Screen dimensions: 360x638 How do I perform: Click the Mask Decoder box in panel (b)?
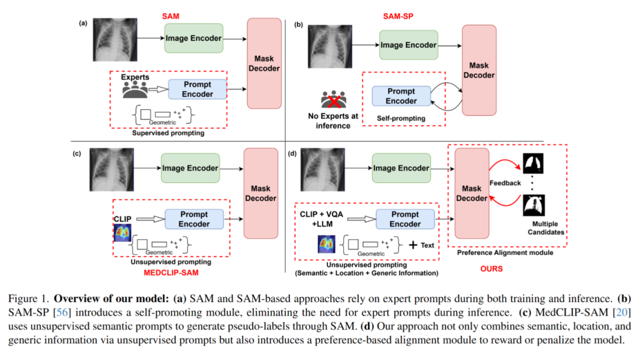click(x=479, y=71)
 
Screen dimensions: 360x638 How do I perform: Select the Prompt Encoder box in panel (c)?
click(x=194, y=219)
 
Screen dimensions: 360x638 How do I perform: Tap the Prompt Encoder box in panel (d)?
click(x=405, y=219)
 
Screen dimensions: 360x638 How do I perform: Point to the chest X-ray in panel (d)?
click(x=324, y=170)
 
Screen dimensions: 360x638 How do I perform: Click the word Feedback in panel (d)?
click(x=505, y=183)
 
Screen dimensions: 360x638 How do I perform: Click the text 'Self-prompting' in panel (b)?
click(x=401, y=118)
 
